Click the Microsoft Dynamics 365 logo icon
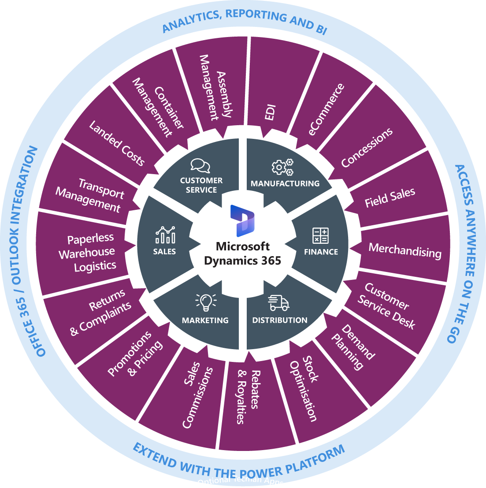(x=242, y=221)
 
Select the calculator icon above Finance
(x=320, y=235)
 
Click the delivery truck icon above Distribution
(x=279, y=303)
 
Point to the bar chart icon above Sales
(x=165, y=235)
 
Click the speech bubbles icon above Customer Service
(x=200, y=165)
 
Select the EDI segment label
(x=270, y=113)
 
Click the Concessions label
(x=367, y=148)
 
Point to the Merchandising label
(x=405, y=250)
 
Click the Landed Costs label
(x=117, y=143)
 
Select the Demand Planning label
(x=352, y=347)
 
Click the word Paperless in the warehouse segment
(x=90, y=238)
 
